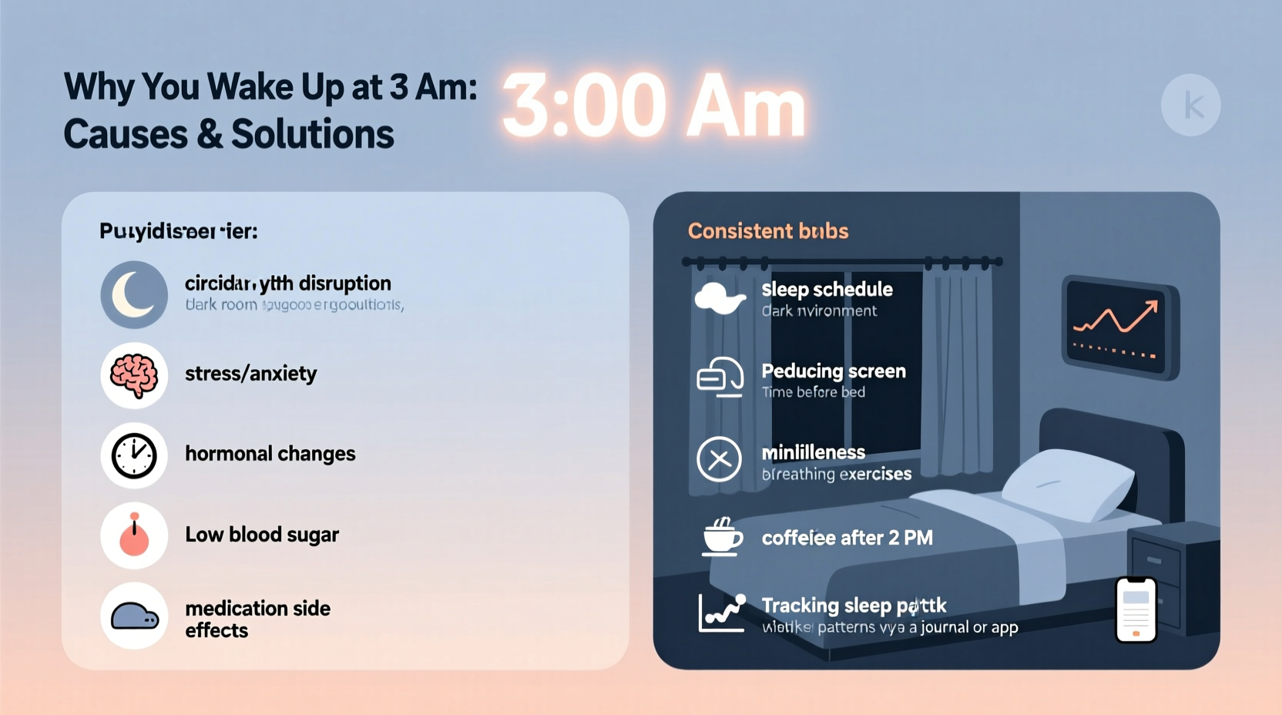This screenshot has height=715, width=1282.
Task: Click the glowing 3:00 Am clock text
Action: coord(653,106)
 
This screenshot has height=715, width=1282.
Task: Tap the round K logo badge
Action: coord(1190,106)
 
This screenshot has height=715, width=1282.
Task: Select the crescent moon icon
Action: coord(134,295)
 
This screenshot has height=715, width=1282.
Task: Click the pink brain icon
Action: coord(134,375)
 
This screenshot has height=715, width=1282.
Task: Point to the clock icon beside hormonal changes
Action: coord(134,455)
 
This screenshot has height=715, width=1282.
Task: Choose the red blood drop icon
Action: coord(134,536)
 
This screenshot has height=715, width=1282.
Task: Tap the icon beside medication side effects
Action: coord(134,616)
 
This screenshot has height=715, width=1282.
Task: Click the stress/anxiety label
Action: coord(250,374)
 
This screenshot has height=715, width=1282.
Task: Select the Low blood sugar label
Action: coord(261,535)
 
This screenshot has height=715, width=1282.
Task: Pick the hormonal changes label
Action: coord(270,454)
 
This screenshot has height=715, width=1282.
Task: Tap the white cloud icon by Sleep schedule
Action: coord(720,298)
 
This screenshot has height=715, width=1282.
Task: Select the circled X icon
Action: coord(719,459)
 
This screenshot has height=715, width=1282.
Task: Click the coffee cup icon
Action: coord(721,536)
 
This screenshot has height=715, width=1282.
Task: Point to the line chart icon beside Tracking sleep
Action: coord(721,613)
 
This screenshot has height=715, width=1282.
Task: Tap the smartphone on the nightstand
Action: coord(1136,609)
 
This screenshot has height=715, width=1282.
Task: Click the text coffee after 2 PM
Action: coord(847,538)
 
